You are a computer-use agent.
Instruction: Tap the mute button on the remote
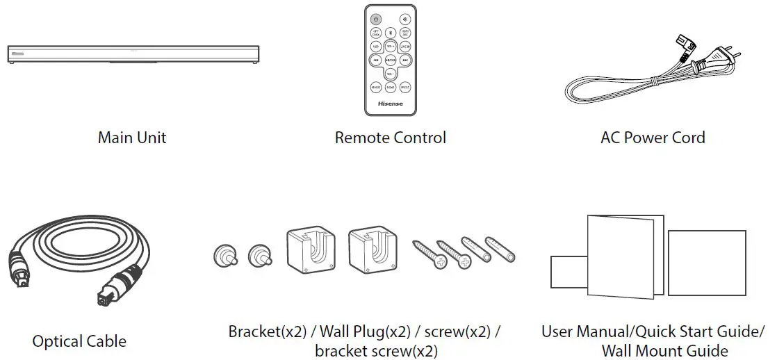pos(405,19)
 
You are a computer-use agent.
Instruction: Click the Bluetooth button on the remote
pos(391,33)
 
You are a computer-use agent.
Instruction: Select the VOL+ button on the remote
pos(391,47)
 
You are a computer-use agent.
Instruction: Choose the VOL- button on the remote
pos(391,74)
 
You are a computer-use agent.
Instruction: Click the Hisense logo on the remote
pos(391,104)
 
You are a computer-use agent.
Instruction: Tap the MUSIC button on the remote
pos(405,88)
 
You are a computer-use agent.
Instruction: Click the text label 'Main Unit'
pos(132,138)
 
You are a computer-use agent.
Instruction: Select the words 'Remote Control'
pos(390,138)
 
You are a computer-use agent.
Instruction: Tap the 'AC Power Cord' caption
pos(653,138)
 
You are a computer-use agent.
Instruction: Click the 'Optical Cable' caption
pos(79,341)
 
